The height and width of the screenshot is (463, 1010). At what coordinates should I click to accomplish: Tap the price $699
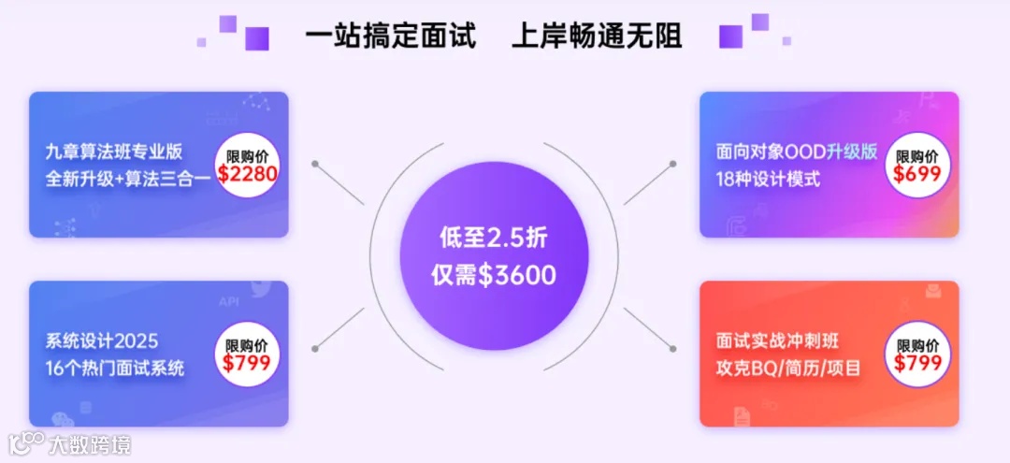click(917, 173)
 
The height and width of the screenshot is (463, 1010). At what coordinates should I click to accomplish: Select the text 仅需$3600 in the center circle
click(493, 275)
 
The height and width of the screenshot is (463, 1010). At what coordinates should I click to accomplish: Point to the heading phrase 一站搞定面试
click(391, 36)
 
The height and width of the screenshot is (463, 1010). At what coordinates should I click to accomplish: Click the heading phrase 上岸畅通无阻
click(597, 36)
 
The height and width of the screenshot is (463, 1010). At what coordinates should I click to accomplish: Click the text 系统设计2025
click(102, 340)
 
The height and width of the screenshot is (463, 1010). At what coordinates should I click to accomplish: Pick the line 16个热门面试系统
click(115, 367)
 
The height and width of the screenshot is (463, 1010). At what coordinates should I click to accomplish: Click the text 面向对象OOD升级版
click(797, 152)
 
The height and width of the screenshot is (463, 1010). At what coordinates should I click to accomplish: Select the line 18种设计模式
click(768, 178)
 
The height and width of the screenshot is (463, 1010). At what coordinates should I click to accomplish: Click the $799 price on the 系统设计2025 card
click(247, 363)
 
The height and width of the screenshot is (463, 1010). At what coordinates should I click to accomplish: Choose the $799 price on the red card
click(917, 363)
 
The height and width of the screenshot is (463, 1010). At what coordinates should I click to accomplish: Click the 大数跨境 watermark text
click(91, 443)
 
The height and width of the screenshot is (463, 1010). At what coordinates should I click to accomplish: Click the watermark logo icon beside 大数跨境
click(26, 442)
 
